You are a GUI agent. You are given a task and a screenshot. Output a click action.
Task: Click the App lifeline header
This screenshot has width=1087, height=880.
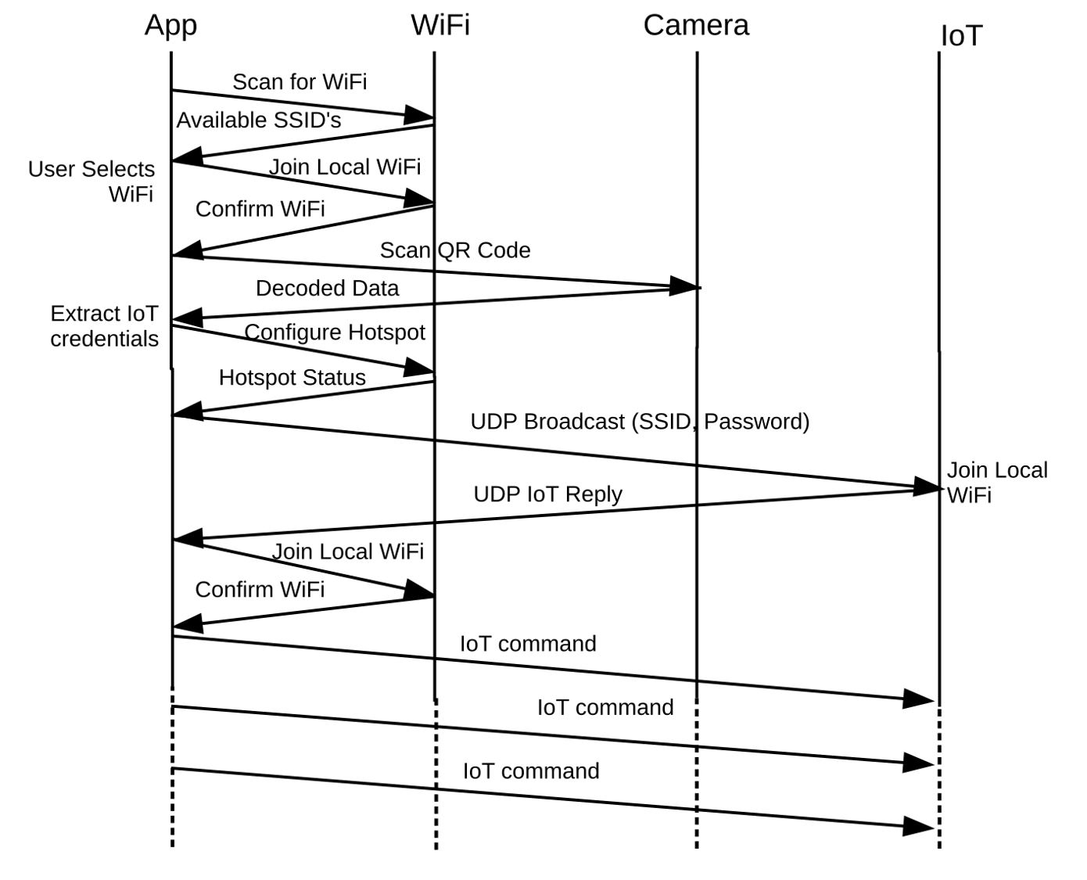[170, 26]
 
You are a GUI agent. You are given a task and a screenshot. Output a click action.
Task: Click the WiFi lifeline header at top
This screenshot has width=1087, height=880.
[440, 26]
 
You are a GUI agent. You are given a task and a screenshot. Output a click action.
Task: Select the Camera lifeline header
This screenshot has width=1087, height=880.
[696, 26]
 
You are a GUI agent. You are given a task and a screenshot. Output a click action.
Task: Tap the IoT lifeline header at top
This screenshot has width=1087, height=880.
[960, 36]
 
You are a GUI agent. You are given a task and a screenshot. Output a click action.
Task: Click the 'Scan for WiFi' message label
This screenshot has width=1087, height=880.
[300, 82]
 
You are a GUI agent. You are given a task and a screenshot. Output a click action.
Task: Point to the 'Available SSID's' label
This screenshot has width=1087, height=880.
[259, 120]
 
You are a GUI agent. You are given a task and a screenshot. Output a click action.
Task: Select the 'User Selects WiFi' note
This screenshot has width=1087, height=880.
[91, 181]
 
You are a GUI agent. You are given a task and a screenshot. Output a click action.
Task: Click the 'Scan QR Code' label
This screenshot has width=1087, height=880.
[455, 250]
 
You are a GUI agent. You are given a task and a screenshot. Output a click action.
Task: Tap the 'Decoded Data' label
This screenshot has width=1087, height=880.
[327, 289]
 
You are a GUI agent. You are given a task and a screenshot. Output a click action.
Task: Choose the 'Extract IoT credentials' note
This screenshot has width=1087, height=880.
[104, 326]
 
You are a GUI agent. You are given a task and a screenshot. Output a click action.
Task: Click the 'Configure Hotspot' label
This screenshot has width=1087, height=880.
[335, 332]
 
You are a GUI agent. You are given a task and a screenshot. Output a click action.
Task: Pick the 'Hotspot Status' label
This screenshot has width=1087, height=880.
[292, 378]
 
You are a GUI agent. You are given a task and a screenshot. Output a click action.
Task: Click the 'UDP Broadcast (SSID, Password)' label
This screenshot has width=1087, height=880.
[640, 422]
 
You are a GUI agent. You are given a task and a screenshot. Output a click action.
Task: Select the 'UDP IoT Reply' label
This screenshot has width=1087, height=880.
[547, 494]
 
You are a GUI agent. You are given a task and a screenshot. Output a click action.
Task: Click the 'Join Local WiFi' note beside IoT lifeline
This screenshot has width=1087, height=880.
[996, 483]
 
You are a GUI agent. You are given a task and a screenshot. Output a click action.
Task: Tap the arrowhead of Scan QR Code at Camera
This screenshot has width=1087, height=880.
[683, 286]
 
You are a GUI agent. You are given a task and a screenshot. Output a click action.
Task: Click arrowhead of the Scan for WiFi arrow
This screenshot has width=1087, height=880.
[418, 116]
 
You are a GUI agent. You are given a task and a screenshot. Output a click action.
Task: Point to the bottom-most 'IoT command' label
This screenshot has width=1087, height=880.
[531, 771]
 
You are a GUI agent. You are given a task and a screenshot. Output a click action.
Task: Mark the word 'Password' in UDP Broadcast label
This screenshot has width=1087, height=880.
[755, 422]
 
